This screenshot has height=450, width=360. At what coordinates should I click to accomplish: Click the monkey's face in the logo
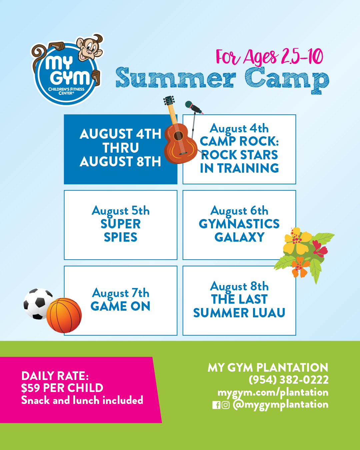(x=90, y=49)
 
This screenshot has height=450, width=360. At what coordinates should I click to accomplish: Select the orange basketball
(x=64, y=315)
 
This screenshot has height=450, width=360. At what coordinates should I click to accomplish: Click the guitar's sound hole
(x=178, y=136)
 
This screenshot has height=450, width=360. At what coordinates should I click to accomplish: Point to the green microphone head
(x=188, y=104)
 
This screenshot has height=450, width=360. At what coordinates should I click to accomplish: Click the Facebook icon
(x=216, y=405)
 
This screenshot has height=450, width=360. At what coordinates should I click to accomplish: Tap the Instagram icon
(x=225, y=405)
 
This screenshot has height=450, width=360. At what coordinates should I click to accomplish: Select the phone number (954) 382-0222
(x=288, y=380)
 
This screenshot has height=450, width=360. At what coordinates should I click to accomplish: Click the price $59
(x=31, y=388)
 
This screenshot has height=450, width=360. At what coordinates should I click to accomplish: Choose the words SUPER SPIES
(x=121, y=230)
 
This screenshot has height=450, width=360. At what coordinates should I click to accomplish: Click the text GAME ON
(x=120, y=306)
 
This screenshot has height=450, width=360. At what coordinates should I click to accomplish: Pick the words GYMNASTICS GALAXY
(x=239, y=230)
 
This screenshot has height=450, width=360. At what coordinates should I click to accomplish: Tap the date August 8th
(x=239, y=286)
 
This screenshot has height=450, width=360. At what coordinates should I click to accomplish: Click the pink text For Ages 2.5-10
(x=269, y=56)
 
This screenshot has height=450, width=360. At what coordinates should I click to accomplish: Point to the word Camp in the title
(x=287, y=80)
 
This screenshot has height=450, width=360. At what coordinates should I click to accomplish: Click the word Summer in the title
(x=176, y=77)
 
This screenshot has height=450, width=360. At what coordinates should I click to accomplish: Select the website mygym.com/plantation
(x=273, y=392)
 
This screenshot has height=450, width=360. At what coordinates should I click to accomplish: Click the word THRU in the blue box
(x=121, y=148)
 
